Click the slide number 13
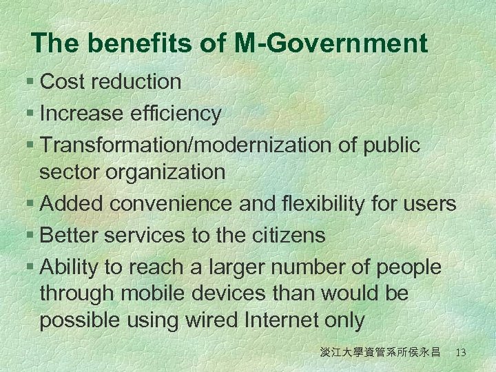coord(461,353)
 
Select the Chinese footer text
coord(380,353)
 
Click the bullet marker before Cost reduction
coord(32,82)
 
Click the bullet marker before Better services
coord(32,236)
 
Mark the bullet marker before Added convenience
coord(32,204)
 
